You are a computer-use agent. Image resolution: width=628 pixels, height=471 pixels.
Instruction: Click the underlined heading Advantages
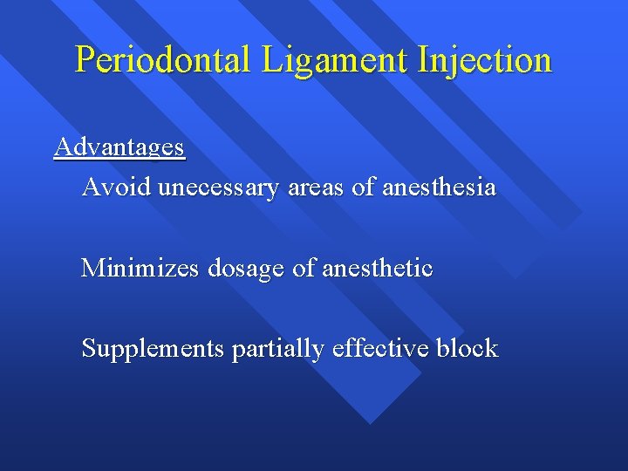(x=119, y=147)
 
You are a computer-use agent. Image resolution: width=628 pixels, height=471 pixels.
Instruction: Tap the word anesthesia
(x=440, y=187)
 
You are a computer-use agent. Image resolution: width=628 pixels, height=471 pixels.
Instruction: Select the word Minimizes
(x=140, y=268)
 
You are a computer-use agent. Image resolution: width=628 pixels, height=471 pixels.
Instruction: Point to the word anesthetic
(x=377, y=268)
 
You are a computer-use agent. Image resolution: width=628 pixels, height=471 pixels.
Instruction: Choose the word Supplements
(x=153, y=349)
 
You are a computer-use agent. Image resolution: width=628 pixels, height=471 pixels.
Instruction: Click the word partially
(x=278, y=349)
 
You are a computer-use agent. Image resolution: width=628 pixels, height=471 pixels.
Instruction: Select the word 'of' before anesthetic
(x=304, y=268)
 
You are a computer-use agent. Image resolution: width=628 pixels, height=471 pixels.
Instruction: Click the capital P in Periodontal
(x=85, y=60)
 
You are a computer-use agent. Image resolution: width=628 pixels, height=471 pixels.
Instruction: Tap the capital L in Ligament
(x=270, y=60)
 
